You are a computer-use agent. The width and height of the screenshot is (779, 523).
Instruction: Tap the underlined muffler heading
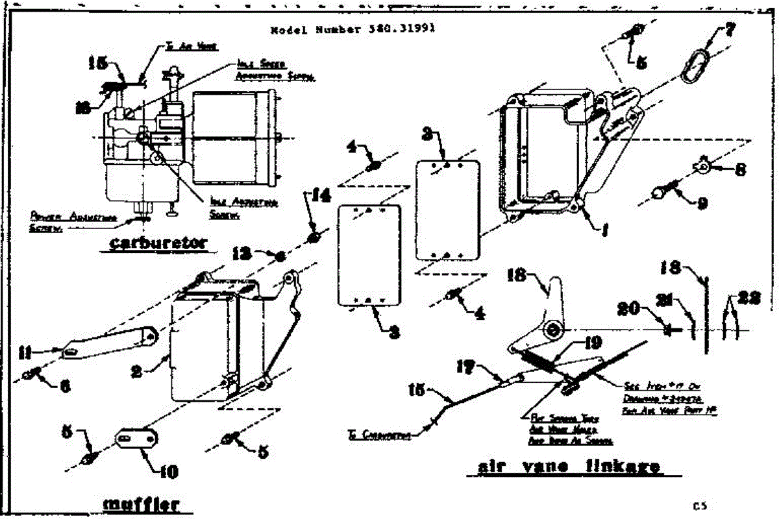click(141, 505)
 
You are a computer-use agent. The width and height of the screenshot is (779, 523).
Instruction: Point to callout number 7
click(730, 30)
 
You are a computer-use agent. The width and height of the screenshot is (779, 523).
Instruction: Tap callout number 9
click(701, 203)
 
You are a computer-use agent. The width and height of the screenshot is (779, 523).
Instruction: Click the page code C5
click(699, 505)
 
